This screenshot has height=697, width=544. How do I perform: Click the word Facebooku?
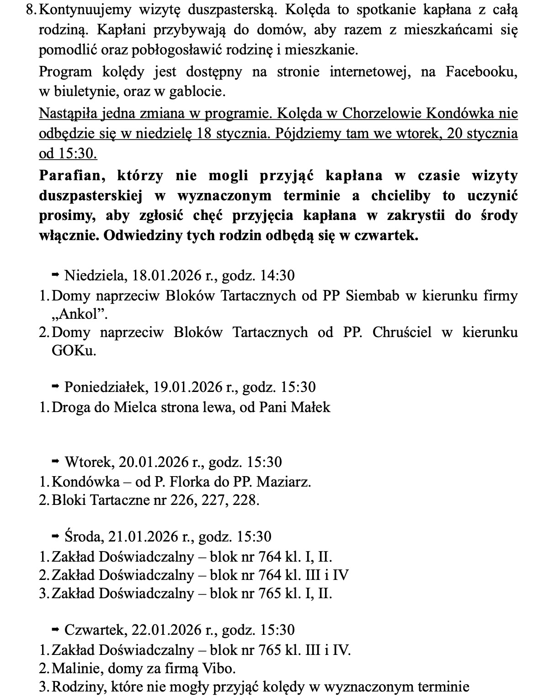pyautogui.click(x=481, y=72)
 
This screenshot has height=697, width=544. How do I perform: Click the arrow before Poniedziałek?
pyautogui.click(x=55, y=387)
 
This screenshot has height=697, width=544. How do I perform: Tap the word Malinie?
pyautogui.click(x=78, y=668)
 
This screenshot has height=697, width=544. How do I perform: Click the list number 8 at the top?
pyautogui.click(x=30, y=10)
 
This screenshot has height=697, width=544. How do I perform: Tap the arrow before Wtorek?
pyautogui.click(x=55, y=462)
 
